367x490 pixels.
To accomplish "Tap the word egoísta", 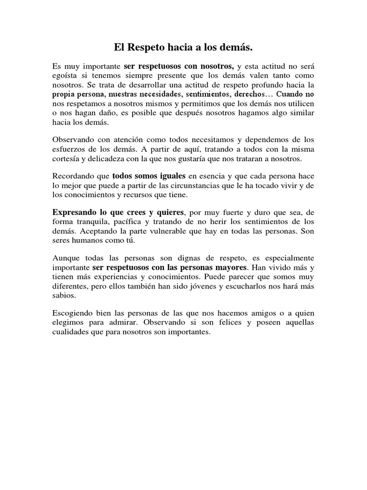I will [x=65, y=75].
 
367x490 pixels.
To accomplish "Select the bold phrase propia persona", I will [x=78, y=94].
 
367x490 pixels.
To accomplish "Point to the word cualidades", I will [x=70, y=332].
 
